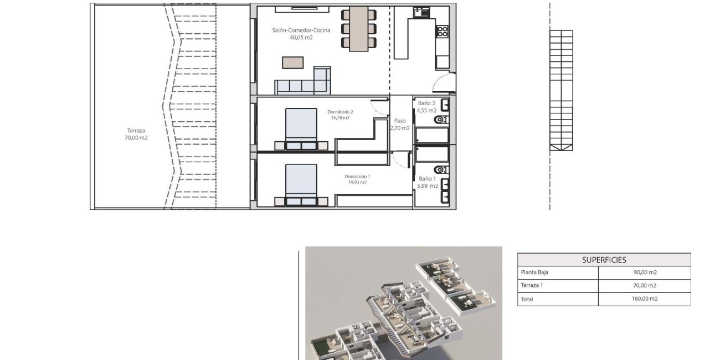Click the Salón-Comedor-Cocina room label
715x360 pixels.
coord(301,30)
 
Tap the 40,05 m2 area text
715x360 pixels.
coord(301,38)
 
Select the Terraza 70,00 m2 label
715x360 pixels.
coord(136,135)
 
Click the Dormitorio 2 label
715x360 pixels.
coord(340,112)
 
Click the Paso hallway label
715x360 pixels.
coord(400,121)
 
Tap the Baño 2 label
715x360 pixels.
coord(426,103)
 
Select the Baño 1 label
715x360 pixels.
coord(427,179)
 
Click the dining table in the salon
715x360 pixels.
coord(359,29)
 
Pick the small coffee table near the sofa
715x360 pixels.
coord(293,63)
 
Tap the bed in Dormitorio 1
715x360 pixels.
coord(301,183)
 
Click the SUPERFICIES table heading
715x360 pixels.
coord(604,260)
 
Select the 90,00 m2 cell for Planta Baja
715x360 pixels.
coord(644,272)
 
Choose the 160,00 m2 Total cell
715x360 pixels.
coord(644,299)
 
